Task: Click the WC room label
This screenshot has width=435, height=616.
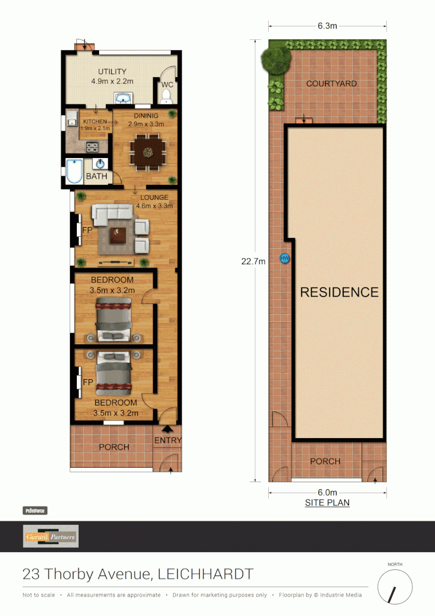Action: coord(167,85)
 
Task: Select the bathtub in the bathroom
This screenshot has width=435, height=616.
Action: coord(74,171)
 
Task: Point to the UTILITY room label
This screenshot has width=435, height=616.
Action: coord(112,71)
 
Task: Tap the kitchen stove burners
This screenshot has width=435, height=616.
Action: coord(92,147)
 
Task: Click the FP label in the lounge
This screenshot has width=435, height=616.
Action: coord(88,230)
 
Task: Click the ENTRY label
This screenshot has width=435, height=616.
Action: coord(168,440)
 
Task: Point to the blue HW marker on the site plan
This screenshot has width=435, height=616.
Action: coord(285,258)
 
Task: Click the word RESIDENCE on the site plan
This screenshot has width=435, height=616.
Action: coord(339,292)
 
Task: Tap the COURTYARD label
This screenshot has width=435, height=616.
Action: coord(331,84)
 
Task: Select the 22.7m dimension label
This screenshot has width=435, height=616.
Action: coord(253,262)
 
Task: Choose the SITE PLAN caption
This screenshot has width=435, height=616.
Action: coord(327,502)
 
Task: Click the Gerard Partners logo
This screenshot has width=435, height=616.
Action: coord(51,536)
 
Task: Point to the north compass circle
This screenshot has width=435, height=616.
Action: coord(395,587)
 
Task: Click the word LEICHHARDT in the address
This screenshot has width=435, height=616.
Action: coord(205,574)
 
